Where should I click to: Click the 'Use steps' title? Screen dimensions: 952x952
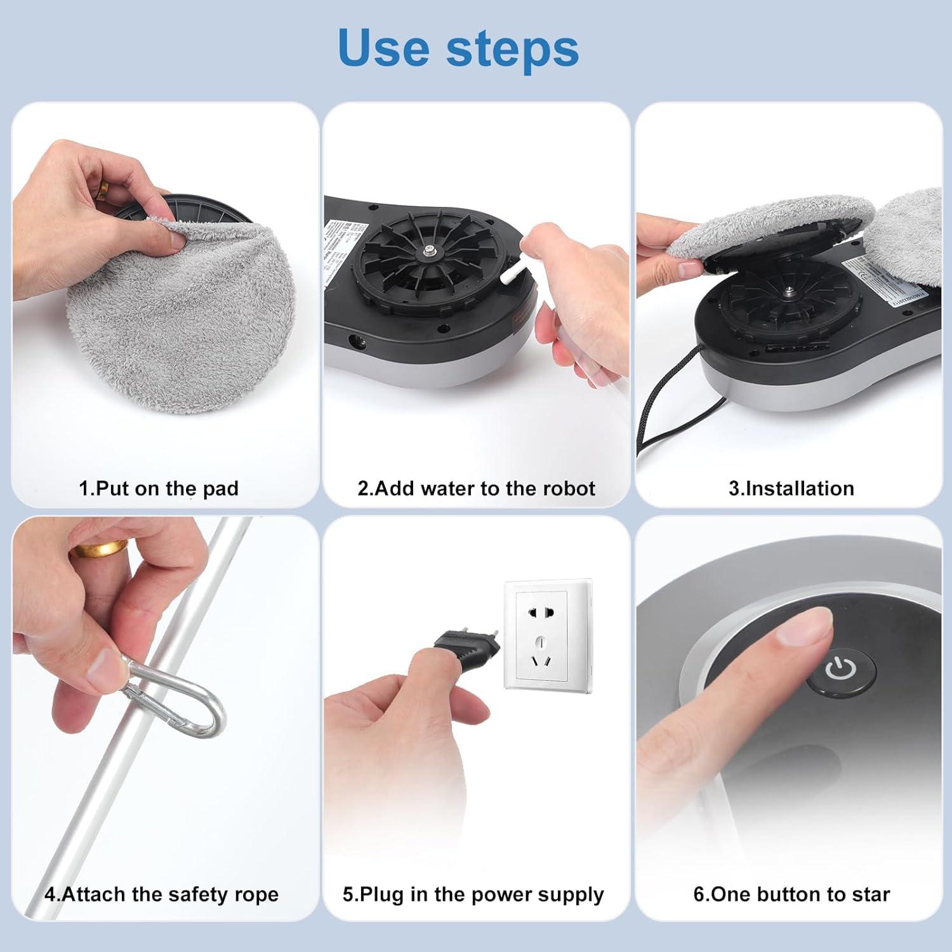(x=458, y=48)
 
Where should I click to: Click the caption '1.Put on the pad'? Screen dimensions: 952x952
(x=159, y=489)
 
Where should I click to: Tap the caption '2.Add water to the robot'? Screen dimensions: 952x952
(x=476, y=489)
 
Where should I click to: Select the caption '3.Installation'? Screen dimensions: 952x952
(x=791, y=489)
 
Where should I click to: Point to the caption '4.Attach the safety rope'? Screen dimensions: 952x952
(x=162, y=894)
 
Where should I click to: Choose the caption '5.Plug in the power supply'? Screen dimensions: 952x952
(x=473, y=894)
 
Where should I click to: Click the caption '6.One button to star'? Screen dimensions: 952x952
(x=791, y=894)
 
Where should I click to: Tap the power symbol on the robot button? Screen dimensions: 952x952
(x=840, y=669)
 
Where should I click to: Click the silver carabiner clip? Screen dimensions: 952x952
(x=178, y=698)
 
